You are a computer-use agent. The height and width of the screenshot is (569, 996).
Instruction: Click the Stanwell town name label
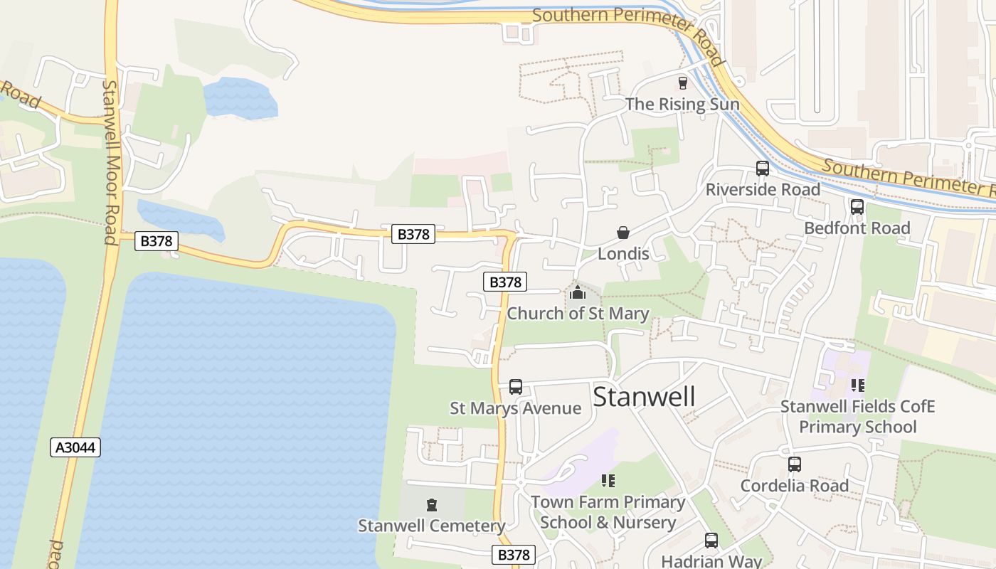coord(644,396)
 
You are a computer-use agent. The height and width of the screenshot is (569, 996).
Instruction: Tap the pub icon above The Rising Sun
coord(683,83)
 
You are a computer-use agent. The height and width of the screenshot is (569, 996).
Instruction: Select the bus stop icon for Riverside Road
coord(763,169)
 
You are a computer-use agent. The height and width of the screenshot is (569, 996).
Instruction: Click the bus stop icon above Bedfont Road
coord(857,207)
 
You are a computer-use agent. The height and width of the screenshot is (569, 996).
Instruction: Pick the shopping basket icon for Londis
coord(623,233)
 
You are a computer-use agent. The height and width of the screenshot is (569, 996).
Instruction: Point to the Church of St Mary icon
coord(578,292)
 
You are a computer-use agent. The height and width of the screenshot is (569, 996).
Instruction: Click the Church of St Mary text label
coord(578,313)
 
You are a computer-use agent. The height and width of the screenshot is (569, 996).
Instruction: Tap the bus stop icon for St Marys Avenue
coord(516,387)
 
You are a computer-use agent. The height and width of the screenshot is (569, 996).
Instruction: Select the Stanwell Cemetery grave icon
coord(431,505)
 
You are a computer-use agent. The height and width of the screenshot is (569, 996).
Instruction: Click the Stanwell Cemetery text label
coord(431,526)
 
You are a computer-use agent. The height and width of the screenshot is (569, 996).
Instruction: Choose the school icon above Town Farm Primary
coord(608,481)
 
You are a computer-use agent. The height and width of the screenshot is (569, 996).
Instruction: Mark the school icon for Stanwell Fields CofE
coord(857,385)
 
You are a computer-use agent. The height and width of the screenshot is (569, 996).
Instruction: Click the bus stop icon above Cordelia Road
coord(795,464)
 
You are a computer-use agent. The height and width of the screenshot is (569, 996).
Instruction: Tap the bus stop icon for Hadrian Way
coord(711,541)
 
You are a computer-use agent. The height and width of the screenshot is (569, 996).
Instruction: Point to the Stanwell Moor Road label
coord(110,161)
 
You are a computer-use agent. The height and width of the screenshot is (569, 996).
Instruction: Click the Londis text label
coord(623,253)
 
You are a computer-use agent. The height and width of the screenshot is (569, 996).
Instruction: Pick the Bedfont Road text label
coord(857,228)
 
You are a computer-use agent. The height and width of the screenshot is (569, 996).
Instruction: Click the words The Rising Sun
coord(682,104)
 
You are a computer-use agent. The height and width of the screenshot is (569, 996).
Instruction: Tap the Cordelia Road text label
coord(795,485)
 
